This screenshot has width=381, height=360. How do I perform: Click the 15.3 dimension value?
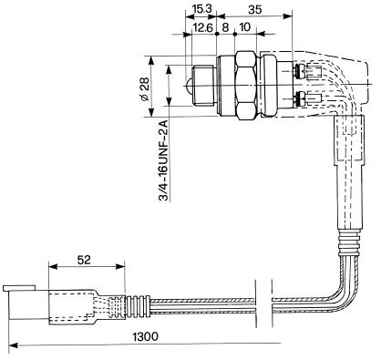click(x=201, y=9)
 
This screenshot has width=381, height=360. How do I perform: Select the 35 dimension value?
click(x=254, y=10)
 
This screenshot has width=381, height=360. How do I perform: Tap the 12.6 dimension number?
click(x=203, y=27)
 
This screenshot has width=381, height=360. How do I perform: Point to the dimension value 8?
click(x=225, y=27)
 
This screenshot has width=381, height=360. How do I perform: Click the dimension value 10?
click(x=245, y=27)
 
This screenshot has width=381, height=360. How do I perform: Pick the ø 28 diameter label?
click(x=145, y=88)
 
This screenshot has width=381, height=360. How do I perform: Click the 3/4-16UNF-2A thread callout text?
click(x=164, y=160)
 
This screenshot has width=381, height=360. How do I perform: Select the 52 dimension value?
click(x=84, y=260)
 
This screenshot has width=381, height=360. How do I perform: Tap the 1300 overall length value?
click(x=146, y=336)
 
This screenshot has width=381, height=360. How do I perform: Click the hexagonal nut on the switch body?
click(x=246, y=86)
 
